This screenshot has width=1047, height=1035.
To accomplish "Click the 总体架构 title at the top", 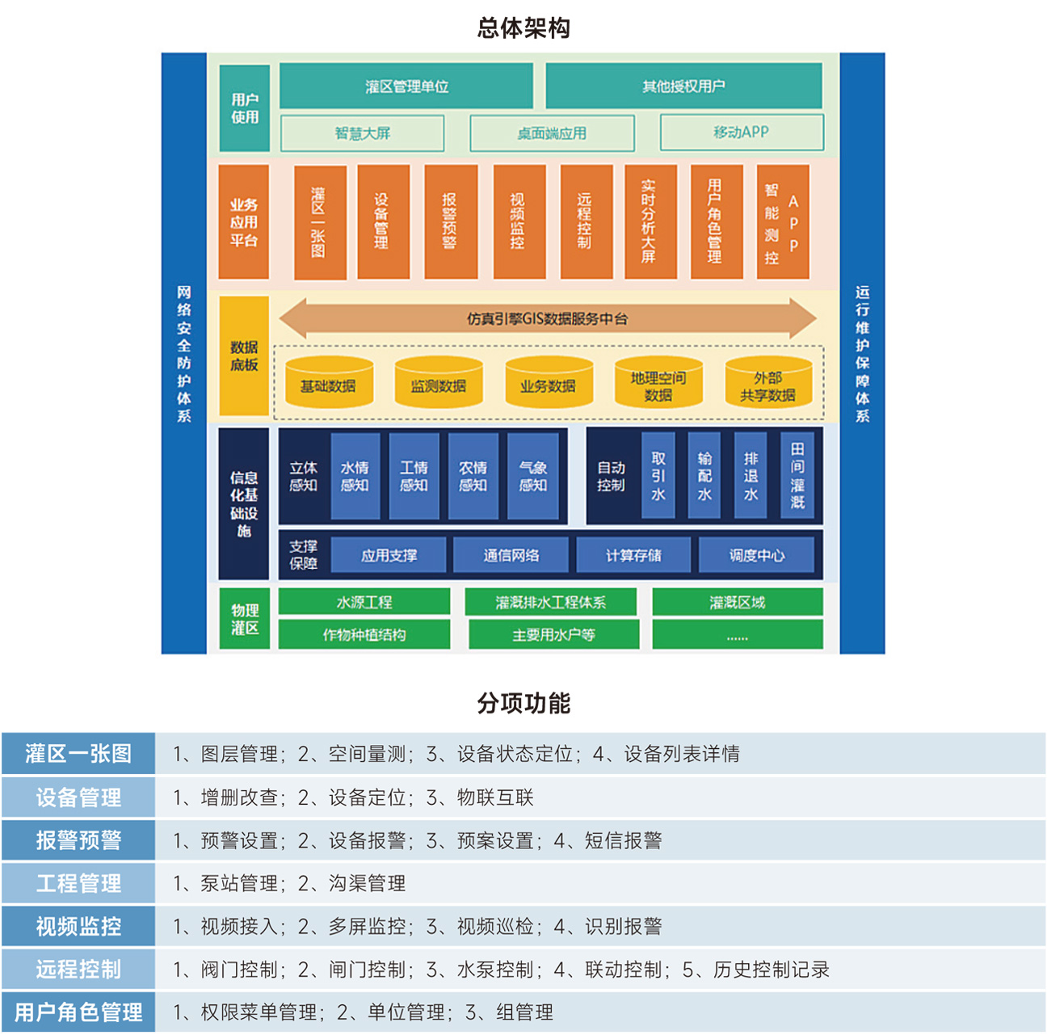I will [523, 28].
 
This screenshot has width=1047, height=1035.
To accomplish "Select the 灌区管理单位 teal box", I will [406, 86].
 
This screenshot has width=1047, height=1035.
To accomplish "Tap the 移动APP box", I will [742, 133].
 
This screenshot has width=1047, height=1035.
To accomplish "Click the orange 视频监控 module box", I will [519, 221].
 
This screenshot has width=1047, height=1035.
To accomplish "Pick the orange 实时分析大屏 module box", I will [650, 221].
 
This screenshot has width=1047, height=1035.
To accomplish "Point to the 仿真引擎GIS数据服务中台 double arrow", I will [547, 318].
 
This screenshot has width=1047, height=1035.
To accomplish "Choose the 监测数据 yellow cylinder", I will [438, 385].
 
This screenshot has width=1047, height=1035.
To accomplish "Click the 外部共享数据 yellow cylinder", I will [767, 385].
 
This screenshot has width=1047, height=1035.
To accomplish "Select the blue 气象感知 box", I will [533, 477].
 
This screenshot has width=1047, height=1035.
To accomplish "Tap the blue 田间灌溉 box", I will [797, 476].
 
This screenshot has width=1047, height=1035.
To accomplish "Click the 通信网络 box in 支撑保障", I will [511, 555].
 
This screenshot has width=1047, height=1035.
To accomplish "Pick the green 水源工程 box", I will [364, 602].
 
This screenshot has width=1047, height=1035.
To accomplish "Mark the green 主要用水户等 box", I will [553, 635].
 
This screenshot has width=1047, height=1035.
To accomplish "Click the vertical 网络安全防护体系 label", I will [184, 354].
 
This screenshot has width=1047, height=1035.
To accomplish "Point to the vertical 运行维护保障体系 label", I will [863, 354].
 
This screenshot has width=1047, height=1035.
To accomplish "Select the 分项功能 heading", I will [523, 704].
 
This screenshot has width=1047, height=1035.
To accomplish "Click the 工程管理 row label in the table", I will [78, 883].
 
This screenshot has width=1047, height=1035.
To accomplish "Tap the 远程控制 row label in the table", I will [78, 969].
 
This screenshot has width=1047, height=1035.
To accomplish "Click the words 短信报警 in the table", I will [623, 840].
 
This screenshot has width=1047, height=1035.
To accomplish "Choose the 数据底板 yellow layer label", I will [244, 356].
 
